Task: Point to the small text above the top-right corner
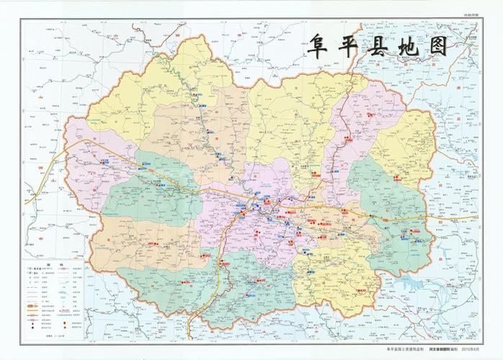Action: coord(470,15)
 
